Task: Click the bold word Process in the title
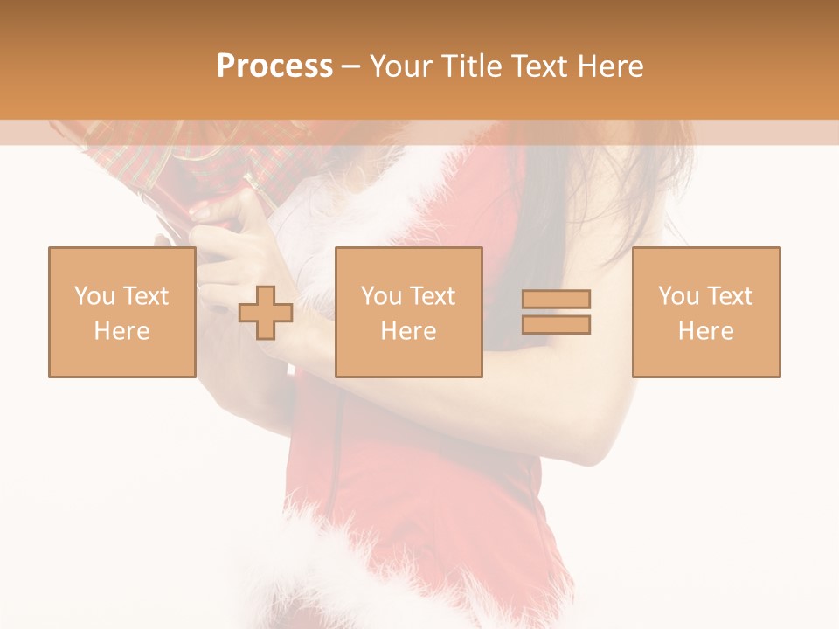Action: [274, 66]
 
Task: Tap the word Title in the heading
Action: [472, 66]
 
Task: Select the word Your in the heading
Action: [403, 66]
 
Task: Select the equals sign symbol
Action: [556, 312]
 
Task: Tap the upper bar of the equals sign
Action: [556, 300]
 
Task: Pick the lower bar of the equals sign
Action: [556, 325]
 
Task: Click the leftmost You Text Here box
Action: [121, 312]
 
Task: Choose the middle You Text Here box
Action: [408, 312]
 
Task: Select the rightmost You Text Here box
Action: [705, 312]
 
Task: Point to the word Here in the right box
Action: [705, 331]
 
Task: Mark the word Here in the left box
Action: [121, 331]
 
